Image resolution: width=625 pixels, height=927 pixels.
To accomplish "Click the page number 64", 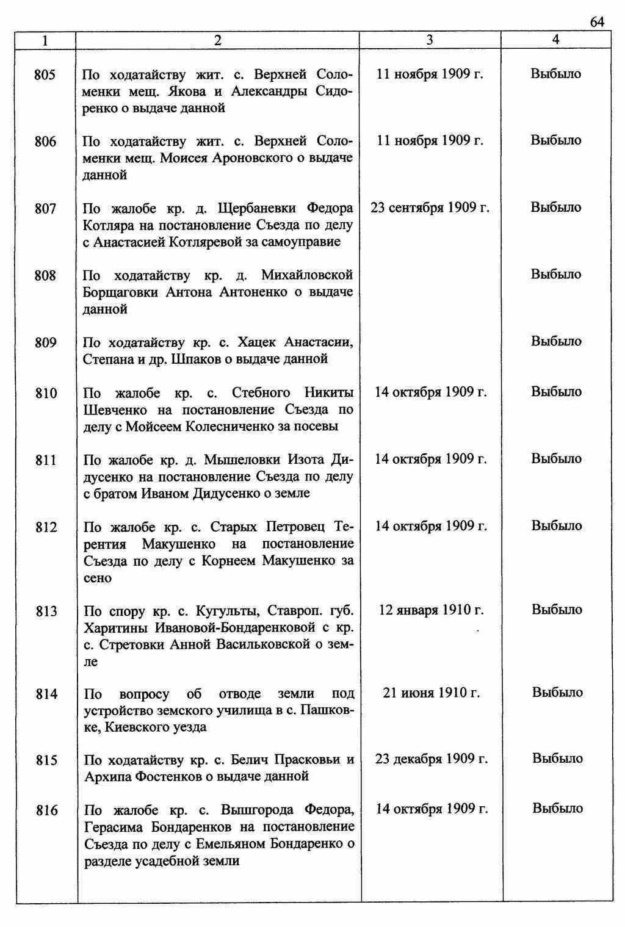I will [x=597, y=22].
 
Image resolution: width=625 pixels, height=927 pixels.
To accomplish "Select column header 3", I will [x=430, y=40].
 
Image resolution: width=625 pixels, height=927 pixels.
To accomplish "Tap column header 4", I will [x=555, y=40].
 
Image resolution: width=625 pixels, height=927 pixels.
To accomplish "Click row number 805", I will [x=45, y=75].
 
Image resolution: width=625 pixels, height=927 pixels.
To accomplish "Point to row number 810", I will [x=46, y=393].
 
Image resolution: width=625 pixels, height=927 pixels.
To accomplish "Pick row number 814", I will [x=46, y=694].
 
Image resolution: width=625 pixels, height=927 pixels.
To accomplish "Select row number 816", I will [x=46, y=810].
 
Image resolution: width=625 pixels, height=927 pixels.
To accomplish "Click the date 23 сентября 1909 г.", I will [x=430, y=207].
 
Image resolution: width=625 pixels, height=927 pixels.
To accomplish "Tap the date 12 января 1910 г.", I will [x=431, y=610].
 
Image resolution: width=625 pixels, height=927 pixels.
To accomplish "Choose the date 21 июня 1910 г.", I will [x=431, y=693].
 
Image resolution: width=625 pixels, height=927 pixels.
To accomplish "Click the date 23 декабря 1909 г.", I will [x=431, y=759].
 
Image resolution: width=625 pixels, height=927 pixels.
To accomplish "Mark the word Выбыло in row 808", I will [x=555, y=275].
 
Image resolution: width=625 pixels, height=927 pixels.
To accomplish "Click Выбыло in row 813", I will [x=557, y=610].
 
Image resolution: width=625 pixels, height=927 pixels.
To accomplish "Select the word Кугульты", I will [x=223, y=611].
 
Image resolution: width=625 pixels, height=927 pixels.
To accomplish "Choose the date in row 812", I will [x=431, y=526].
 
